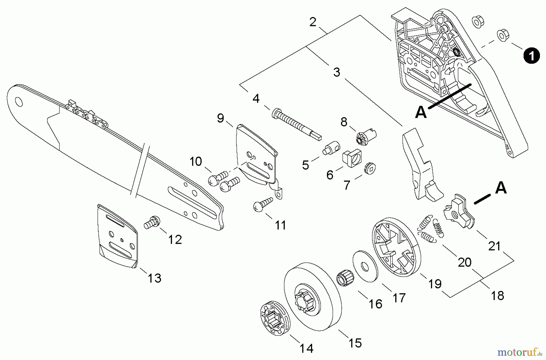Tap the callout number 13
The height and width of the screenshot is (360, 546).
click(x=154, y=278)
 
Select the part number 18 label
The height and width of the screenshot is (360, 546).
click(x=497, y=295)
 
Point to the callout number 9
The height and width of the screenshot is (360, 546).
click(x=221, y=118)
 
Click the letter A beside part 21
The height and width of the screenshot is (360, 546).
click(x=501, y=188)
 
